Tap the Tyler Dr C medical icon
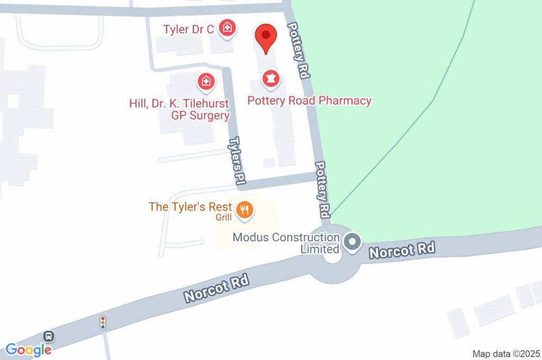point(228,28)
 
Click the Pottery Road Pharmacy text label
point(310,101)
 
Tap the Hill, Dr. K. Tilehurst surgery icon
point(205,82)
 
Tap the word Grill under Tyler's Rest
point(224,218)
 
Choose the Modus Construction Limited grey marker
point(351,242)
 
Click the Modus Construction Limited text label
point(287,242)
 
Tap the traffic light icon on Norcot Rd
point(103,322)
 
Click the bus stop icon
point(48,336)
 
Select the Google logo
point(29,349)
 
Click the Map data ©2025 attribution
point(506,354)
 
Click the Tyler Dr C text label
point(188,30)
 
